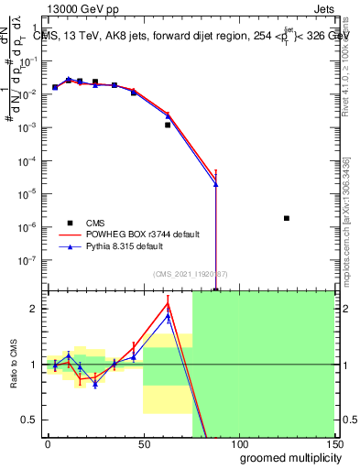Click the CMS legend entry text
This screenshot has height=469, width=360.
94,223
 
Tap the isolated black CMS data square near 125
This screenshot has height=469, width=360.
287,218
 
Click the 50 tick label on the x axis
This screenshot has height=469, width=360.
143,442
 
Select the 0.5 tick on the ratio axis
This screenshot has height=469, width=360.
32,420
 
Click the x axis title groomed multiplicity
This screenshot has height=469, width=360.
286,457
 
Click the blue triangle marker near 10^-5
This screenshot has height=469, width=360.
215,184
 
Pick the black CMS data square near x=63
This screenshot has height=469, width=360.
168,125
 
